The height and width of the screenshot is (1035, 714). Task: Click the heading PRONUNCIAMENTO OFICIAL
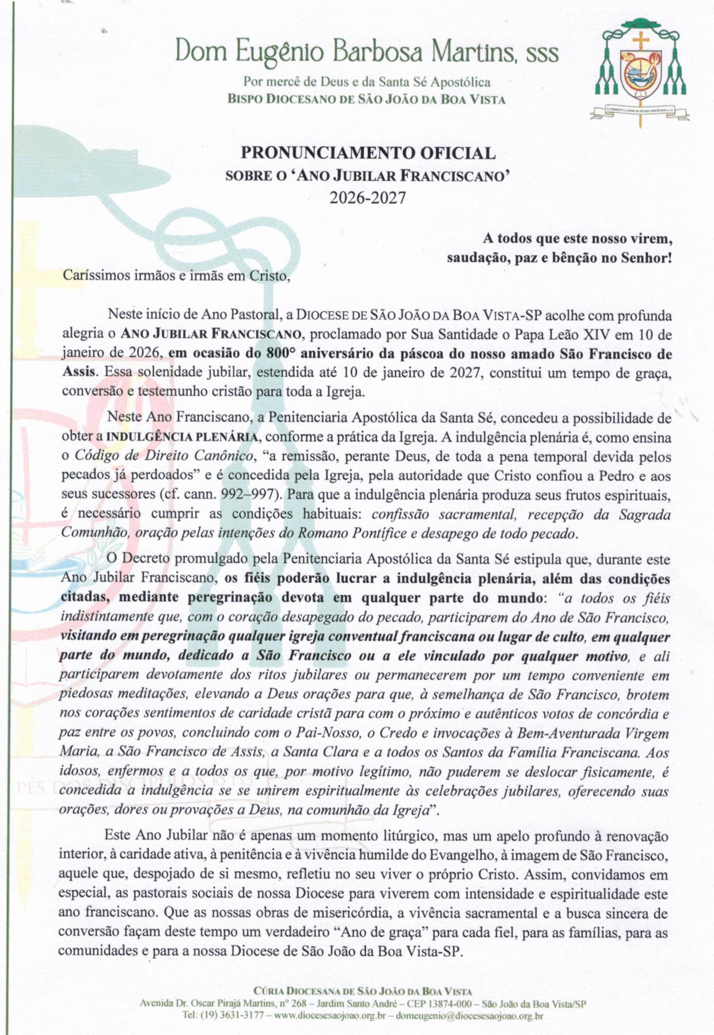[368, 153]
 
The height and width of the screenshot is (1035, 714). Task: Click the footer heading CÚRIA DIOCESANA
[303, 991]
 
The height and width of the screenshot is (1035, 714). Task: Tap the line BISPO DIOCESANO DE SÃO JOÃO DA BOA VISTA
[367, 99]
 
